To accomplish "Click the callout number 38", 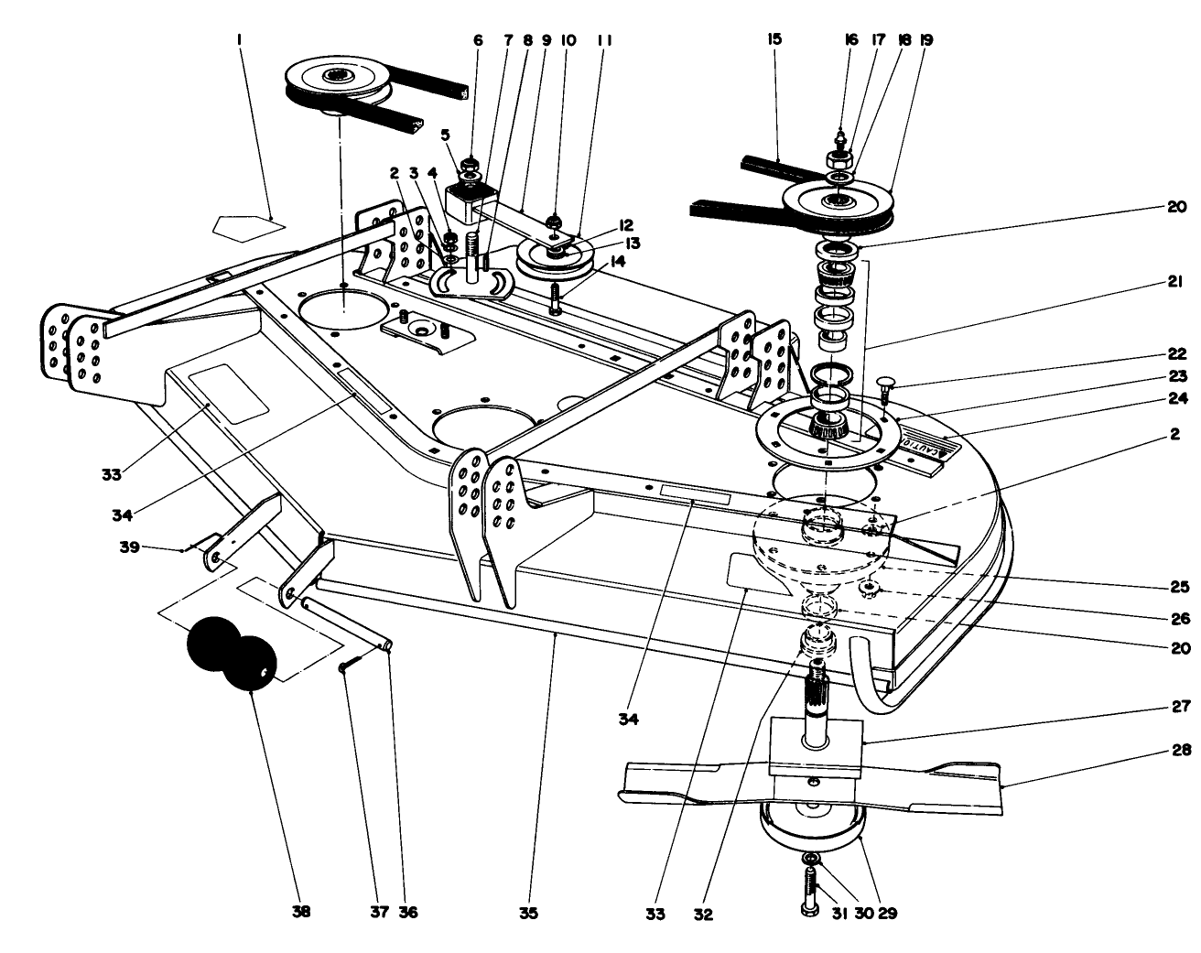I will pos(301,912).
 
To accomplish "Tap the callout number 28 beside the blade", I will pos(1181,751).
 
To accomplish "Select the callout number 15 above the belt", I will pos(775,39).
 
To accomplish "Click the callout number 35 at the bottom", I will pos(529,912).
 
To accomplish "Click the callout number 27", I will pos(1181,706).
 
